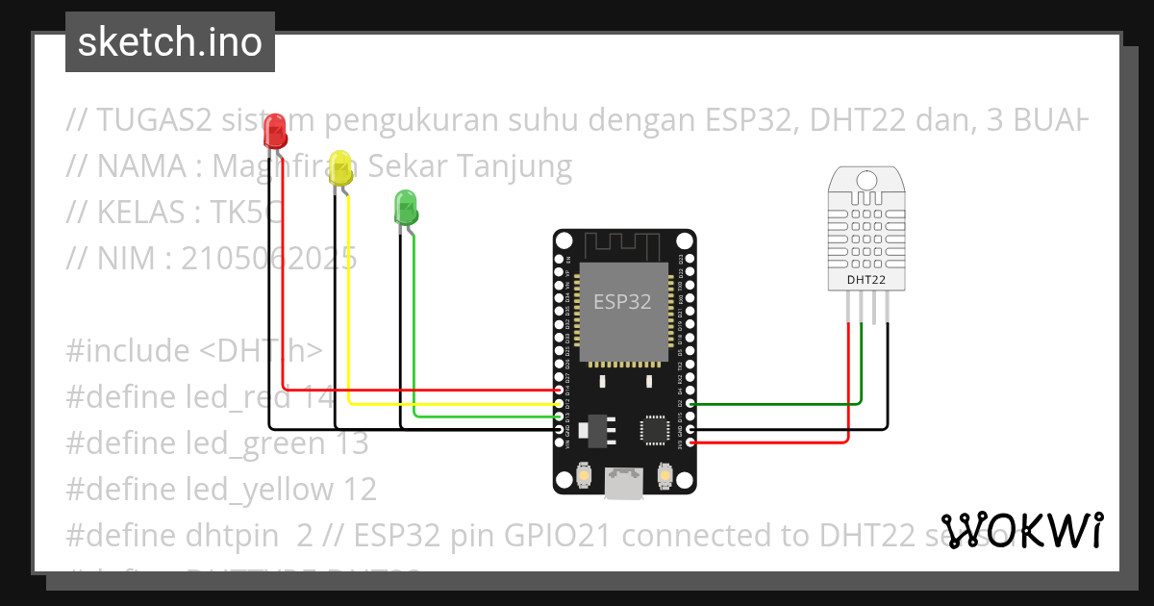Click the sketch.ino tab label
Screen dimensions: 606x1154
pyautogui.click(x=169, y=42)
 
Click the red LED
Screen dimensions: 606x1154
pyautogui.click(x=275, y=130)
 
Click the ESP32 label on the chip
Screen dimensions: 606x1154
pyautogui.click(x=622, y=302)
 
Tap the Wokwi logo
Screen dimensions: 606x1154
pyautogui.click(x=1022, y=530)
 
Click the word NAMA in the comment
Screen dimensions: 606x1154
pyautogui.click(x=140, y=167)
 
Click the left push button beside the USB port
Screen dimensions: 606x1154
pyautogui.click(x=584, y=474)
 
